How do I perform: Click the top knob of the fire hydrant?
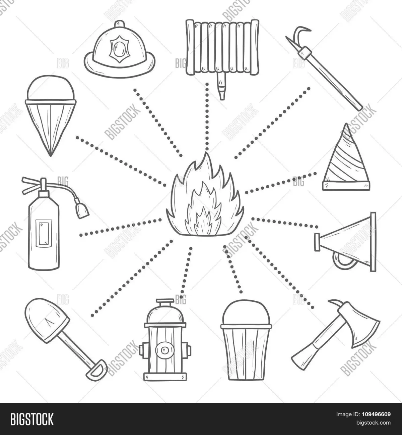pyautogui.click(x=164, y=303)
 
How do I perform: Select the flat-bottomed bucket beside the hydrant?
pyautogui.click(x=246, y=342)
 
